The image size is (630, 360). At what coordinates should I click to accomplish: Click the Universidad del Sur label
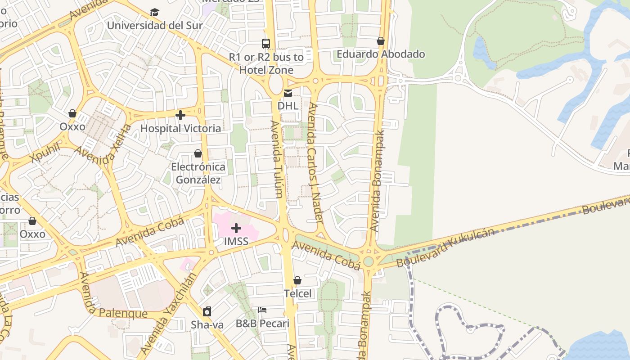(155, 25)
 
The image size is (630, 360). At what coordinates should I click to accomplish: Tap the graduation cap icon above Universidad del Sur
(155, 12)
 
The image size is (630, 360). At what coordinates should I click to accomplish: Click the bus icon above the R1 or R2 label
(266, 44)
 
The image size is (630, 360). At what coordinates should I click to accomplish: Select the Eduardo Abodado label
(381, 54)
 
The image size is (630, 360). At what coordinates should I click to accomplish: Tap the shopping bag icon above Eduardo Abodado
(381, 41)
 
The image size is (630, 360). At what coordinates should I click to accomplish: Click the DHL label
(288, 106)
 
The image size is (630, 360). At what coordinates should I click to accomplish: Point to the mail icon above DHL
(288, 93)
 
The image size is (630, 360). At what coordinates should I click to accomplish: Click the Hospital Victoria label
(180, 128)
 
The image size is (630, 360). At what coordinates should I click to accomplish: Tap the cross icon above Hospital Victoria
(180, 116)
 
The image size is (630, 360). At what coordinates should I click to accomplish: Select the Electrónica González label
(198, 173)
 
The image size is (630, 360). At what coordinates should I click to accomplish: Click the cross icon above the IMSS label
(236, 228)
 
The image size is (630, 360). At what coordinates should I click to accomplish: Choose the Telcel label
(297, 293)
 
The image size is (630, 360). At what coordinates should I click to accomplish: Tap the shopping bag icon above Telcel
(297, 281)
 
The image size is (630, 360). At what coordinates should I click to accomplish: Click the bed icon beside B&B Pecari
(262, 310)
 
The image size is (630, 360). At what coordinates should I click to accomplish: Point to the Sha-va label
(207, 324)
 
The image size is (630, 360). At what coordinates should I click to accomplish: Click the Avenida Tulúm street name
(277, 159)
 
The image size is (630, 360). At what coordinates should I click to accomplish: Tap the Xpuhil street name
(46, 153)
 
